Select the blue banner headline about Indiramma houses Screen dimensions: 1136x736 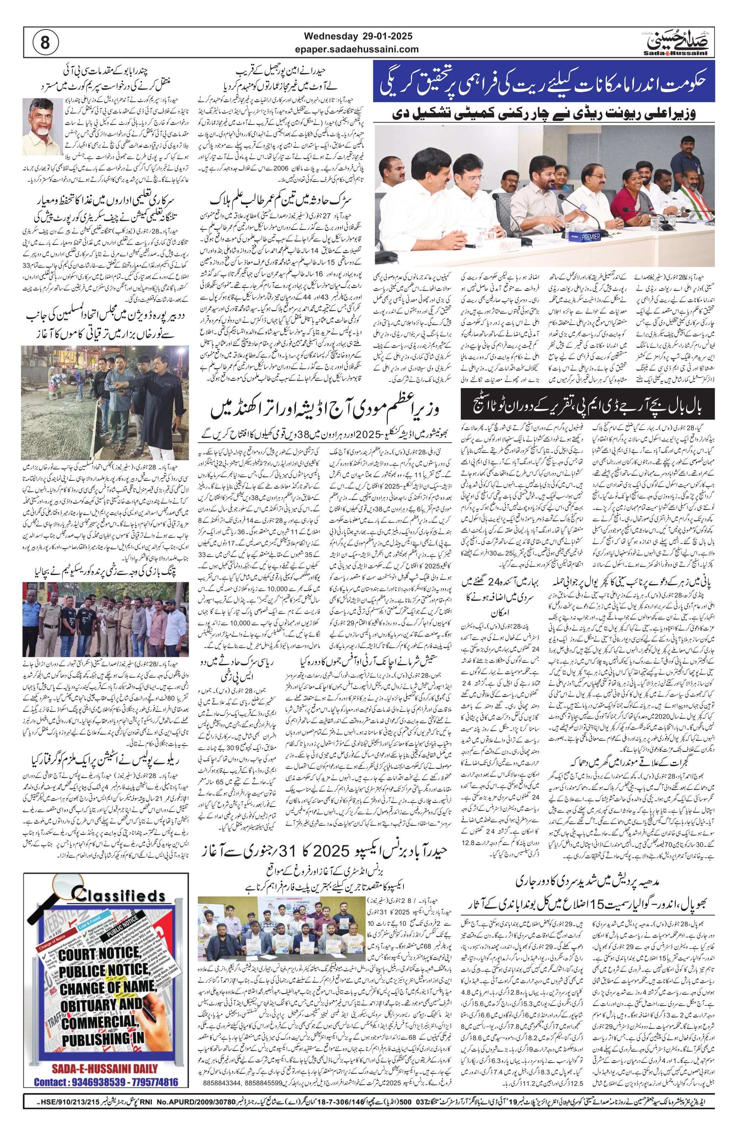tap(544, 82)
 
